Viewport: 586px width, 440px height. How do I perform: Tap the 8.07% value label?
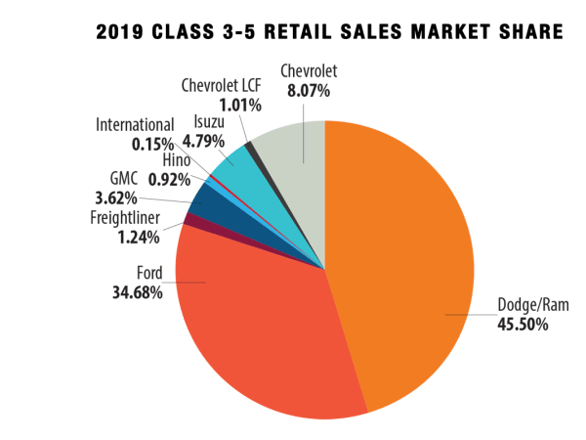click(x=304, y=91)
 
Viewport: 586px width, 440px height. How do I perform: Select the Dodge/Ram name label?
click(x=532, y=305)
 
